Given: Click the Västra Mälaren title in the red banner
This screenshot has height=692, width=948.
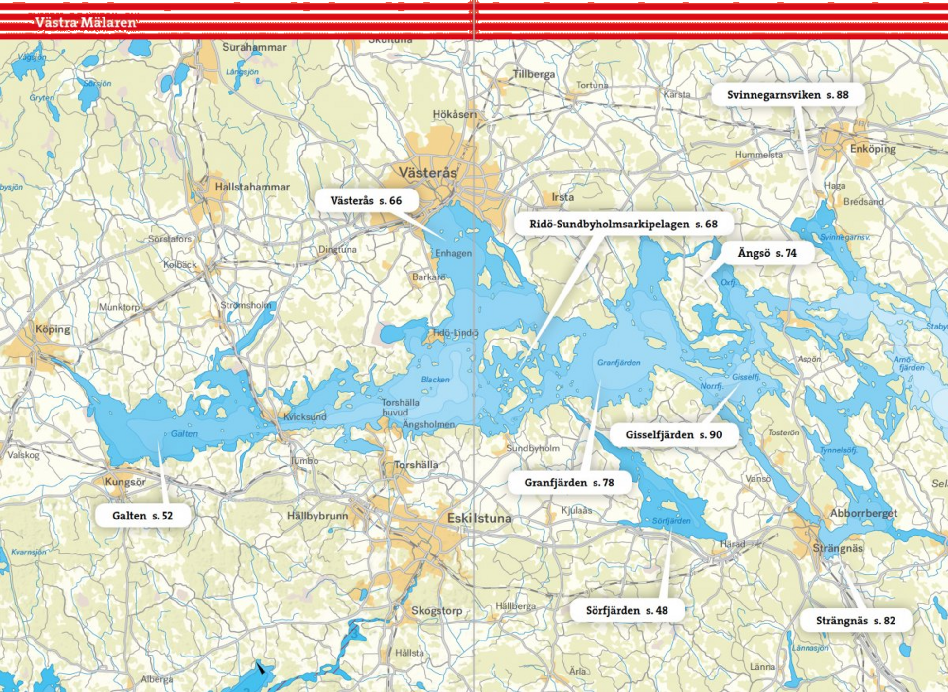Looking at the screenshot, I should click(x=86, y=22).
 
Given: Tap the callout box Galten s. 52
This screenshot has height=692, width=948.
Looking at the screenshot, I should click(x=142, y=516).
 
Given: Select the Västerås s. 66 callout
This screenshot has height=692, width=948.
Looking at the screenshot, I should click(x=366, y=201).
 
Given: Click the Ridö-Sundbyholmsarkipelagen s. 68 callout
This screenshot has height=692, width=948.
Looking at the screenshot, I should click(x=623, y=224).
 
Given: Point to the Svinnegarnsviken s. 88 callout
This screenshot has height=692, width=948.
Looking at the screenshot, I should click(x=788, y=95).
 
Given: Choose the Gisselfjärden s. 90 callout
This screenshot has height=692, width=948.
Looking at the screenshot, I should click(x=673, y=435).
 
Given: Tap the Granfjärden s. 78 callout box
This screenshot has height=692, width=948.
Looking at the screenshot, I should click(x=569, y=483).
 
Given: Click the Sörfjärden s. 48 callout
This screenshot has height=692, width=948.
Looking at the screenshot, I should click(x=626, y=611).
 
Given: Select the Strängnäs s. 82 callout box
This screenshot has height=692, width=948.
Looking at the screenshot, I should click(x=855, y=621).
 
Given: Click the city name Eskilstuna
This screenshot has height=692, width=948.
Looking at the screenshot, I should click(x=479, y=519).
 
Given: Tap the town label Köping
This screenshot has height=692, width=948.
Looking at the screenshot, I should click(x=53, y=329).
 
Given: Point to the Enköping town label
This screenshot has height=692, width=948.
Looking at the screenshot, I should click(x=872, y=149).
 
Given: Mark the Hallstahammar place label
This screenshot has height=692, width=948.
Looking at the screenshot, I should click(x=252, y=187).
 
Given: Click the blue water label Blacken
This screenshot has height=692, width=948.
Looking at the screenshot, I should click(x=435, y=380).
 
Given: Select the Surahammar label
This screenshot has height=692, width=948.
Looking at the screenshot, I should click(x=254, y=47).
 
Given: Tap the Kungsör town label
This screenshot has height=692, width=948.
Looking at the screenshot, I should click(x=125, y=482).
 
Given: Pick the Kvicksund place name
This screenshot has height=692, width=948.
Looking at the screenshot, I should click(x=305, y=417).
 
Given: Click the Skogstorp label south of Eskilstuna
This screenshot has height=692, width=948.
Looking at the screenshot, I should click(x=437, y=611).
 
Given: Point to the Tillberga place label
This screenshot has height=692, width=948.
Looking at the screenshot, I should click(x=533, y=74).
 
